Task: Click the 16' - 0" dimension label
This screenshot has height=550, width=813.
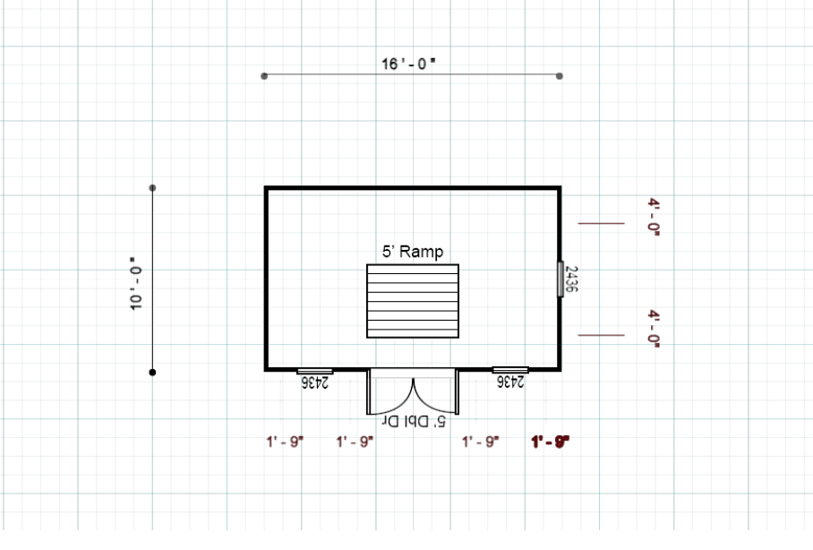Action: (408, 64)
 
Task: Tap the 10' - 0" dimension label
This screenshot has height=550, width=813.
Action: (135, 283)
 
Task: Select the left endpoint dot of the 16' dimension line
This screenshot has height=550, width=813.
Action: (264, 76)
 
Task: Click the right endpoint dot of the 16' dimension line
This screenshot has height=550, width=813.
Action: (559, 76)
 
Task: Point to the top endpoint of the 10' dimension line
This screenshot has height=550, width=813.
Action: (152, 188)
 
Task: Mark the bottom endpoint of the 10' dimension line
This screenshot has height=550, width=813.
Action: (152, 372)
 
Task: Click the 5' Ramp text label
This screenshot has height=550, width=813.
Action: (413, 252)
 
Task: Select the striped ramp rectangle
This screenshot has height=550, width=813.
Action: (413, 301)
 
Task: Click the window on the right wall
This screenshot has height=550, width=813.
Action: (561, 279)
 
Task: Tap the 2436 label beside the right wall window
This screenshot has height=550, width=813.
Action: (571, 279)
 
